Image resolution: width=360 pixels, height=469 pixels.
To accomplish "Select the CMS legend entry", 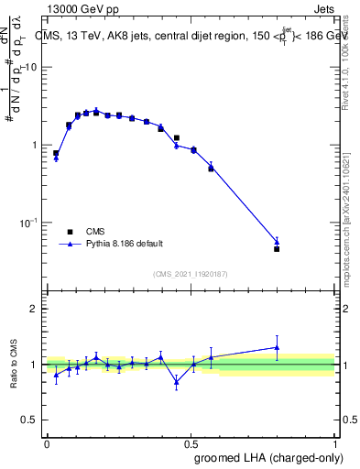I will tap(95, 232).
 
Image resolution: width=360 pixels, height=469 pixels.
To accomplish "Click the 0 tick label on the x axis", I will tap(47, 444).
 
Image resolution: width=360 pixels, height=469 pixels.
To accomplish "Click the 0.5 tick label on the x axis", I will tap(191, 444).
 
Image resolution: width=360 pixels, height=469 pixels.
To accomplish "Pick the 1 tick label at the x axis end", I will tap(334, 444).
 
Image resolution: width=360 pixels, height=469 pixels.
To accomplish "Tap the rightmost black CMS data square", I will tap(277, 248).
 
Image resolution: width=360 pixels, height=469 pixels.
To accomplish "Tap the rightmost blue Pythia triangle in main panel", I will tap(277, 242).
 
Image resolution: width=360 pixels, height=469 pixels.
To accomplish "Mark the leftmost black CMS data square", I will tap(56, 153).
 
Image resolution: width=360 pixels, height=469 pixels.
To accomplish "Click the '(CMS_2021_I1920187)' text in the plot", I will tap(190, 274).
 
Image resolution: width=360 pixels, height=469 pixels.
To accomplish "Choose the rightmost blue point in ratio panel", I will tap(277, 347).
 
